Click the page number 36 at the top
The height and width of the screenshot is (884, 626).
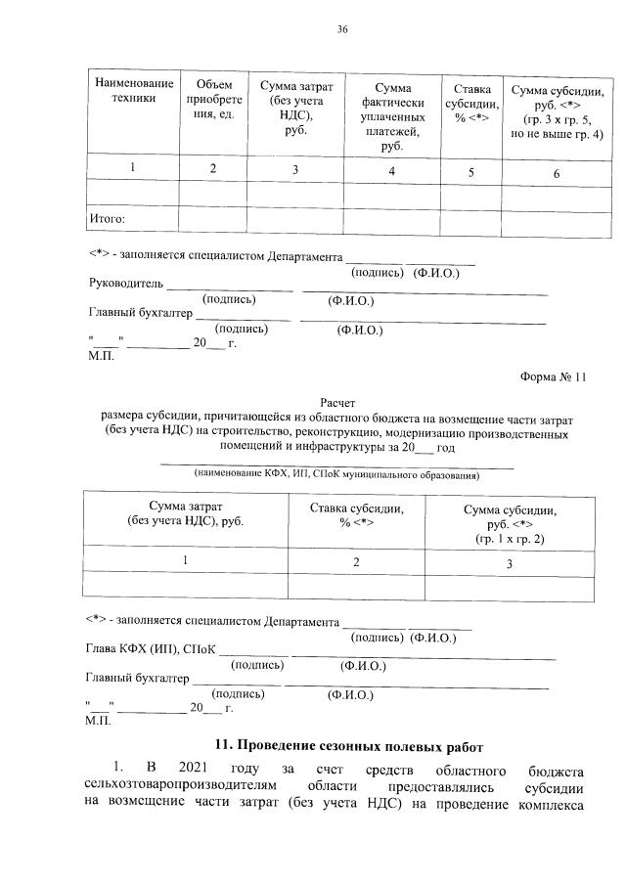[343, 30]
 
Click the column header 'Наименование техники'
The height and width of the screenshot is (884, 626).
[133, 91]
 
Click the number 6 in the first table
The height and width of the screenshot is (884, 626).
[556, 173]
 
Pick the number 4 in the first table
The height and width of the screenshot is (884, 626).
[391, 172]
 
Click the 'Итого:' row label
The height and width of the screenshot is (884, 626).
[108, 219]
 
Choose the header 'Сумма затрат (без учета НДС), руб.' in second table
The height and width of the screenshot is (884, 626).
[186, 514]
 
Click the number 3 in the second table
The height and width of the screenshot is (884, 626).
[509, 564]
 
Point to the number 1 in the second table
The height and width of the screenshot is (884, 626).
[185, 559]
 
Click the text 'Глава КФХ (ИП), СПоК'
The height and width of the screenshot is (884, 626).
[150, 650]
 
